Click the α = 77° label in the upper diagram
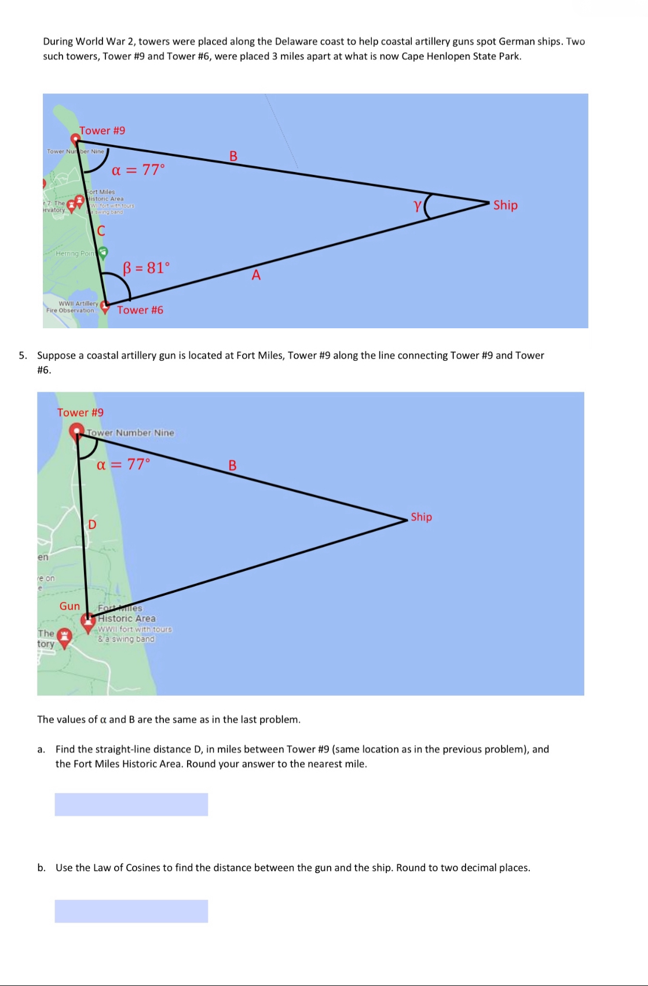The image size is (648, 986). click(138, 170)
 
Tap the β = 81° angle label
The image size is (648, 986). click(146, 267)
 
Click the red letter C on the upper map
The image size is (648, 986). click(101, 231)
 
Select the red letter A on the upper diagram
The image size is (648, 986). click(256, 276)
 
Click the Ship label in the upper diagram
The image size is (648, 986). click(505, 205)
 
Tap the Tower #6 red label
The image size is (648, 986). click(140, 310)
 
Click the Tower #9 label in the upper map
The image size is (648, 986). click(102, 130)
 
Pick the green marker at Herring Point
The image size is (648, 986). click(103, 252)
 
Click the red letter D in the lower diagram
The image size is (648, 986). click(91, 525)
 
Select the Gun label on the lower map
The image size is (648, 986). click(69, 606)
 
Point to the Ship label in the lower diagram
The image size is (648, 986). click(421, 516)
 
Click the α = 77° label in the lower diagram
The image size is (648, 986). click(123, 464)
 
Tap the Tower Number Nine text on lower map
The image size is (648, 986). click(130, 432)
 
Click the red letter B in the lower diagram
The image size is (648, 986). click(232, 465)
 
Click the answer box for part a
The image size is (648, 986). click(131, 804)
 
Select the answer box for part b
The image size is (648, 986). click(131, 911)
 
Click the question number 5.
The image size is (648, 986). click(23, 355)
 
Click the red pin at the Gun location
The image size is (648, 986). click(88, 621)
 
